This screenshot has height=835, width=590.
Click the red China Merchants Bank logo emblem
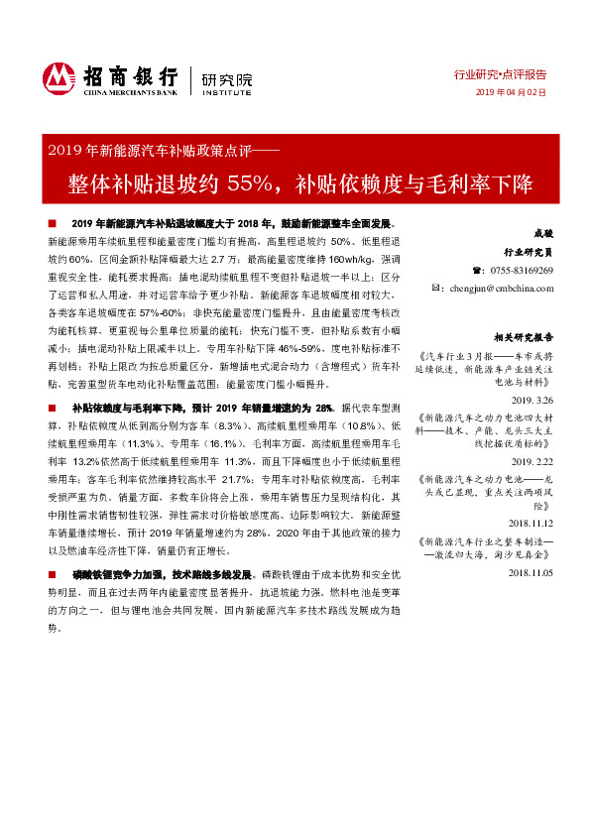(59, 77)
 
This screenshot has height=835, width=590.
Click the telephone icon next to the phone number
(475, 271)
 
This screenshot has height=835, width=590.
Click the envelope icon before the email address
(439, 288)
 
